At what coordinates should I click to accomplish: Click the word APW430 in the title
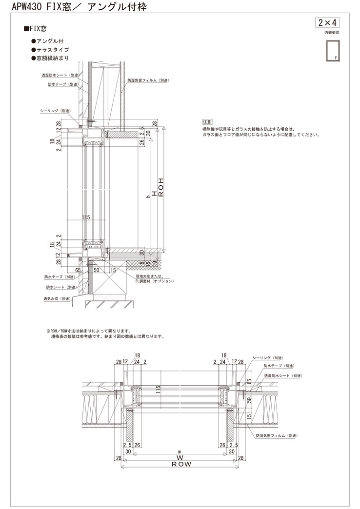20,7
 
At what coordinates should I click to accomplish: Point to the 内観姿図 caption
332,32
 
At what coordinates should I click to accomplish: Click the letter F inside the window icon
336,58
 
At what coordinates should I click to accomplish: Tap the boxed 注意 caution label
207,121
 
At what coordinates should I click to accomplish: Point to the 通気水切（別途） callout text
58,298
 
